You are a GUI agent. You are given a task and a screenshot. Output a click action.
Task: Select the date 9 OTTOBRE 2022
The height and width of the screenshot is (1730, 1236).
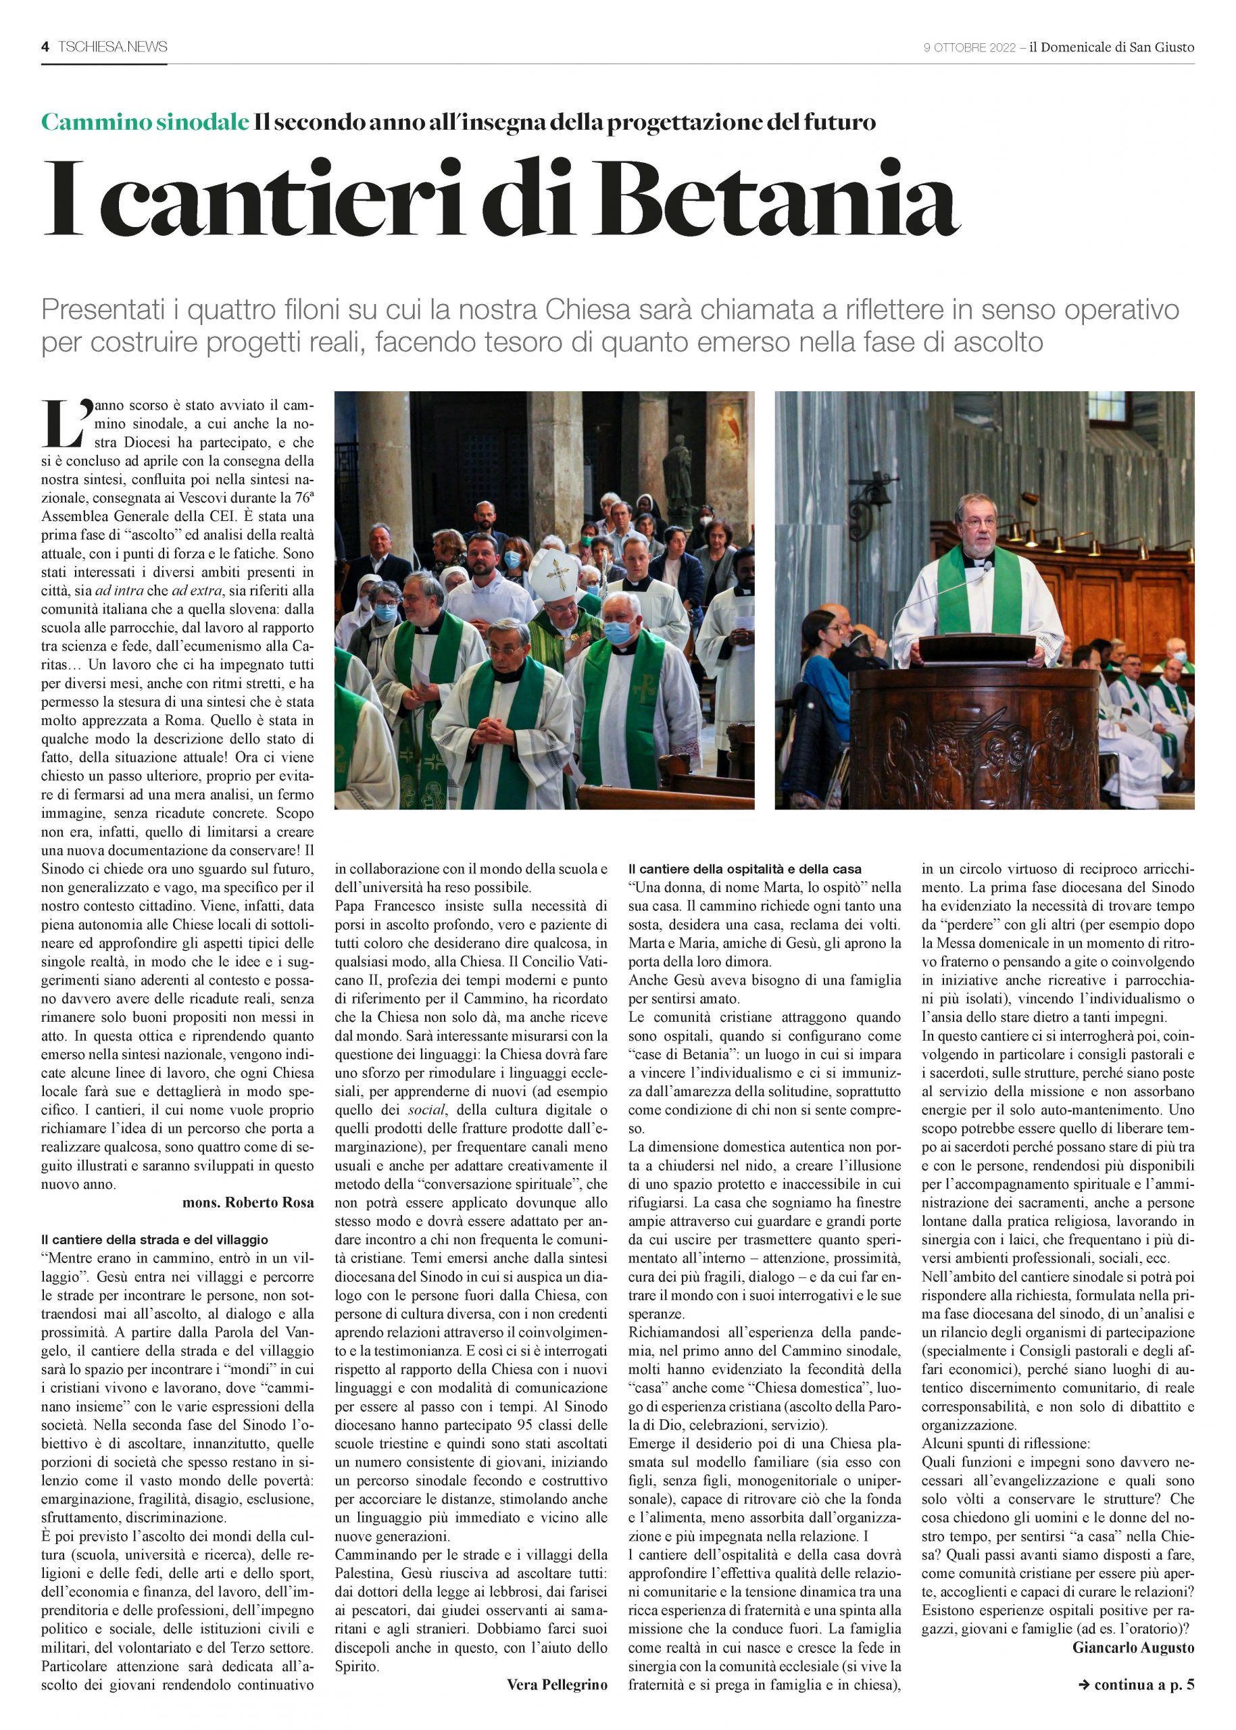(x=969, y=48)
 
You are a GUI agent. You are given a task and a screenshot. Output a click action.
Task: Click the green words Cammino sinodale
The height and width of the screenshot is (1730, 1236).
(x=145, y=122)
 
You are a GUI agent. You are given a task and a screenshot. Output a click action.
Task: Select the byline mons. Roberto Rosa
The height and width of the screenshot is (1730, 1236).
(x=247, y=1202)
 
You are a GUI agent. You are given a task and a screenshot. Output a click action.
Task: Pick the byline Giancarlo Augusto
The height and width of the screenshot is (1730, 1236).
(x=1133, y=1648)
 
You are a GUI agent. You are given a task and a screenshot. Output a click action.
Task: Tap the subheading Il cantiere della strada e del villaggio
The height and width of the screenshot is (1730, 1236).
(x=155, y=1240)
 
